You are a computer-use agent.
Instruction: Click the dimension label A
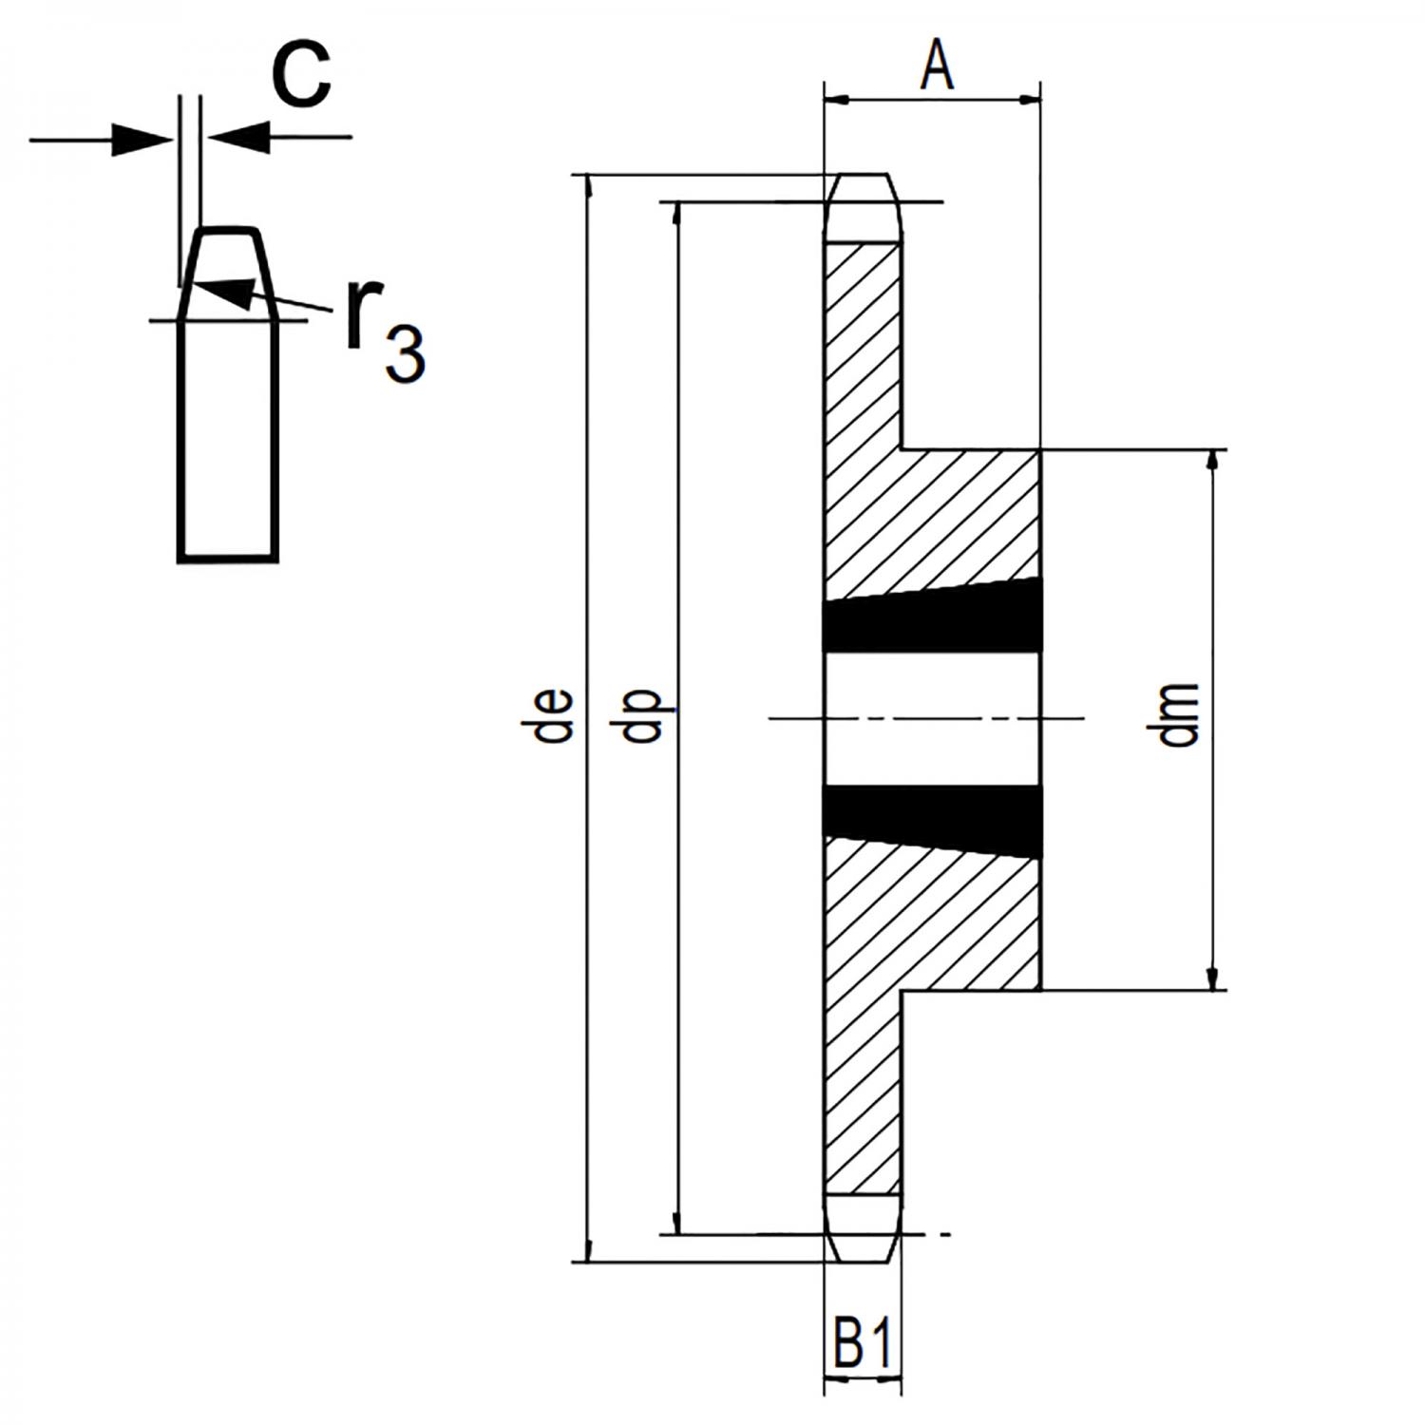[x=937, y=66]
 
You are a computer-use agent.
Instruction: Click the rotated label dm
[x=1181, y=714]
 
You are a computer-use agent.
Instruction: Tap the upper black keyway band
[x=932, y=622]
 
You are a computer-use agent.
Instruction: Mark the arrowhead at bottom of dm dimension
[x=1212, y=978]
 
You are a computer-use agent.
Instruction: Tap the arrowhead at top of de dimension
[x=589, y=187]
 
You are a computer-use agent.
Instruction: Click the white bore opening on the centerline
[x=932, y=719]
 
